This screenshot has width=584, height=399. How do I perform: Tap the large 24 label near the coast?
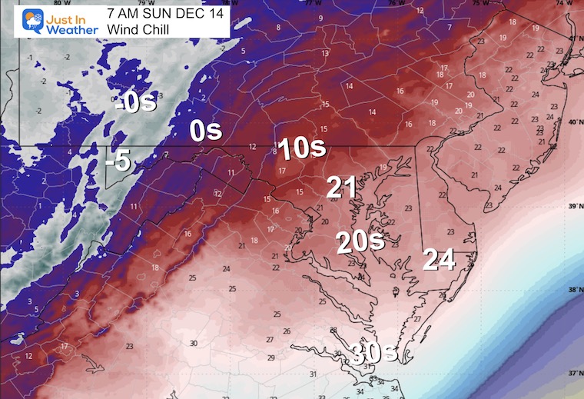pyautogui.click(x=440, y=261)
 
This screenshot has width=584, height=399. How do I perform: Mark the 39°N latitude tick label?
pyautogui.click(x=572, y=207)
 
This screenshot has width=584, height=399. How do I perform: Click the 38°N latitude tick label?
pyautogui.click(x=572, y=291)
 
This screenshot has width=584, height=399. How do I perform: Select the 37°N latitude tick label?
pyautogui.click(x=572, y=372)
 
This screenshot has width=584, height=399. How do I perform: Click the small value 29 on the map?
pyautogui.click(x=270, y=358)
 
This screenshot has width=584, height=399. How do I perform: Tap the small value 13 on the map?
pyautogui.click(x=325, y=53)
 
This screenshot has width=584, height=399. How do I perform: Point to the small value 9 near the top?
pyautogui.click(x=320, y=17)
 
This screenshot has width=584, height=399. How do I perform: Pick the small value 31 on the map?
pyautogui.click(x=313, y=374)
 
